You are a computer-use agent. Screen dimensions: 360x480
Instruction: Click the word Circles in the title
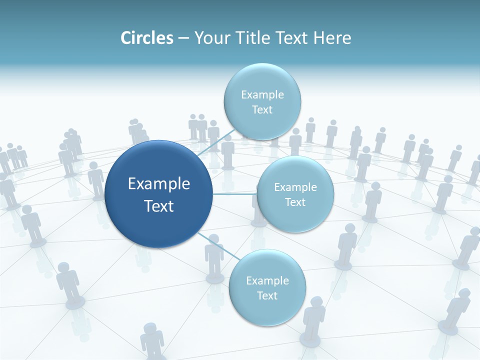[x=146, y=38]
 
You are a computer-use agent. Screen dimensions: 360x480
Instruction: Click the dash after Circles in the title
[x=183, y=38]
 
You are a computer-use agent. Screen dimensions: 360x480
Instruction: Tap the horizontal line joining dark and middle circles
[x=235, y=194]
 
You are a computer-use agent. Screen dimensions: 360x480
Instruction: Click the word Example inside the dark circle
[x=159, y=184]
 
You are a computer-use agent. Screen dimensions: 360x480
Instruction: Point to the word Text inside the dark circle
[x=159, y=205]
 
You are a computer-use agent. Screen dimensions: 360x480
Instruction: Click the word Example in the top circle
[x=262, y=95]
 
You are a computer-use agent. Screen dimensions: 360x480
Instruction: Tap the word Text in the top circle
[x=262, y=110]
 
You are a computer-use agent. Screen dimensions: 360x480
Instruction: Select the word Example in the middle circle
[x=295, y=187]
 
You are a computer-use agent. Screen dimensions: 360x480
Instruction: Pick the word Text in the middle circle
[x=295, y=202]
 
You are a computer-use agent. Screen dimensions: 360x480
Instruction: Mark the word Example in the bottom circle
[x=267, y=281]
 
